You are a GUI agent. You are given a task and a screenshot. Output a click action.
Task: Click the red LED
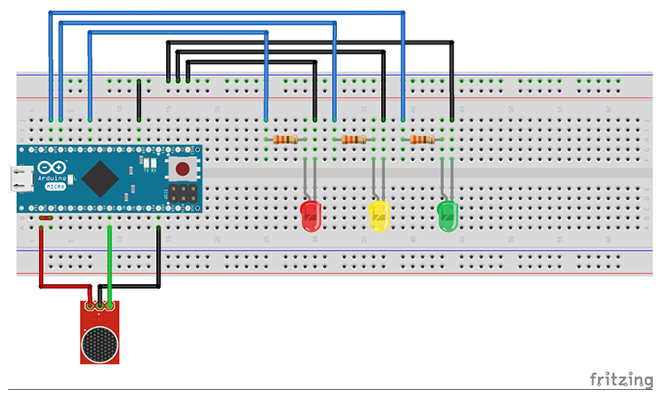coord(311,216)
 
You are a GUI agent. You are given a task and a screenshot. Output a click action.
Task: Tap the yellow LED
coord(378,216)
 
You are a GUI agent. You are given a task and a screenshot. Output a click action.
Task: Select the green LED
coord(447,216)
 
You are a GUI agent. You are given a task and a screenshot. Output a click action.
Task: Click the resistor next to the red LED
coord(285,140)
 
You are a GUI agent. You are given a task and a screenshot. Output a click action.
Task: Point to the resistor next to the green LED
coord(422,140)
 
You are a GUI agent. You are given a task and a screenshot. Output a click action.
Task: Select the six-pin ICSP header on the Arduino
coord(183,195)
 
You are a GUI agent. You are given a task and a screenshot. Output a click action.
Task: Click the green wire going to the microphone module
coord(110,256)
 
